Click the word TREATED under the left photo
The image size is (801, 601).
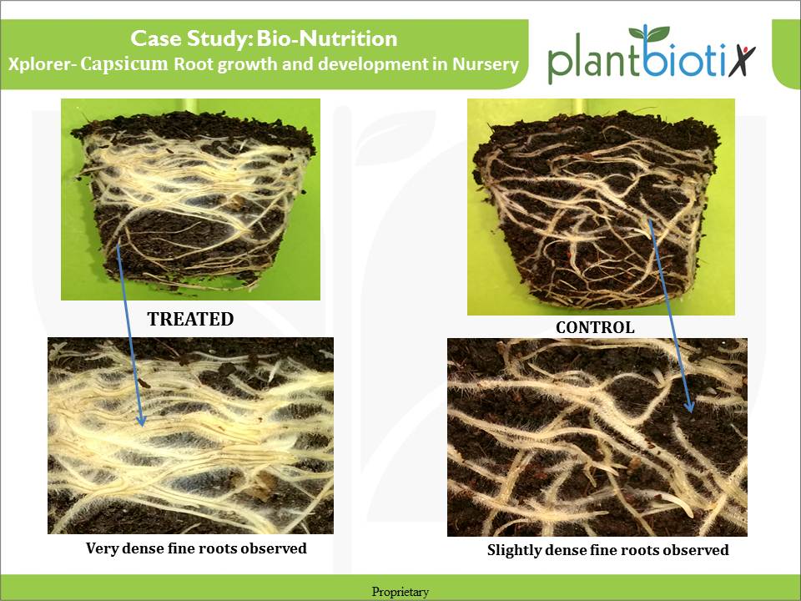pyautogui.click(x=190, y=319)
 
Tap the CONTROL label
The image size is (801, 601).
pyautogui.click(x=595, y=327)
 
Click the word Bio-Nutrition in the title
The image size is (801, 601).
pyautogui.click(x=327, y=38)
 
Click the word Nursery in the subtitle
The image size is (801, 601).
pyautogui.click(x=486, y=64)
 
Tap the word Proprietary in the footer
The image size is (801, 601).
pyautogui.click(x=400, y=592)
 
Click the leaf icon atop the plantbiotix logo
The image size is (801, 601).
pyautogui.click(x=648, y=33)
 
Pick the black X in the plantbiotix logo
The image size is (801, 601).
pyautogui.click(x=741, y=61)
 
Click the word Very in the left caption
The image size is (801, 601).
pyautogui.click(x=102, y=548)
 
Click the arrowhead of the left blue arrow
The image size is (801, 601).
pyautogui.click(x=141, y=420)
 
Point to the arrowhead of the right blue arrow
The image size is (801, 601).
pyautogui.click(x=689, y=406)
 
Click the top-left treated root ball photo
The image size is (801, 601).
pyautogui.click(x=190, y=199)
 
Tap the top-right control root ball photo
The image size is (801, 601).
pyautogui.click(x=602, y=207)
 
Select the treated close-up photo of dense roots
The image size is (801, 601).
pyautogui.click(x=190, y=436)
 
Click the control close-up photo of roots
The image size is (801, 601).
pyautogui.click(x=597, y=437)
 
